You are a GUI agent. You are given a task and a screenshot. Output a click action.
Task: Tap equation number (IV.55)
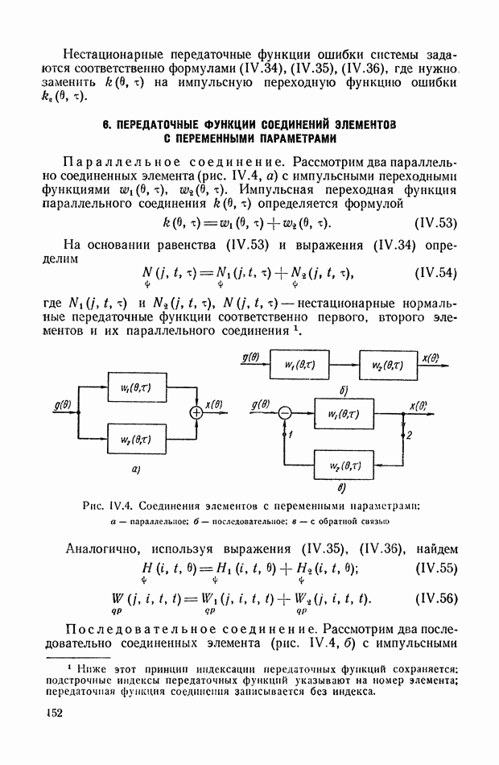434,569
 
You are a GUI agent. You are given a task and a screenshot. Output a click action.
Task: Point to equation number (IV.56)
434,599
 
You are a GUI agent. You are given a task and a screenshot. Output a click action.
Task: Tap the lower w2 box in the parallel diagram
137,439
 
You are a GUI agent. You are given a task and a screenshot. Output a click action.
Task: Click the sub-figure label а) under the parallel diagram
137,469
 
